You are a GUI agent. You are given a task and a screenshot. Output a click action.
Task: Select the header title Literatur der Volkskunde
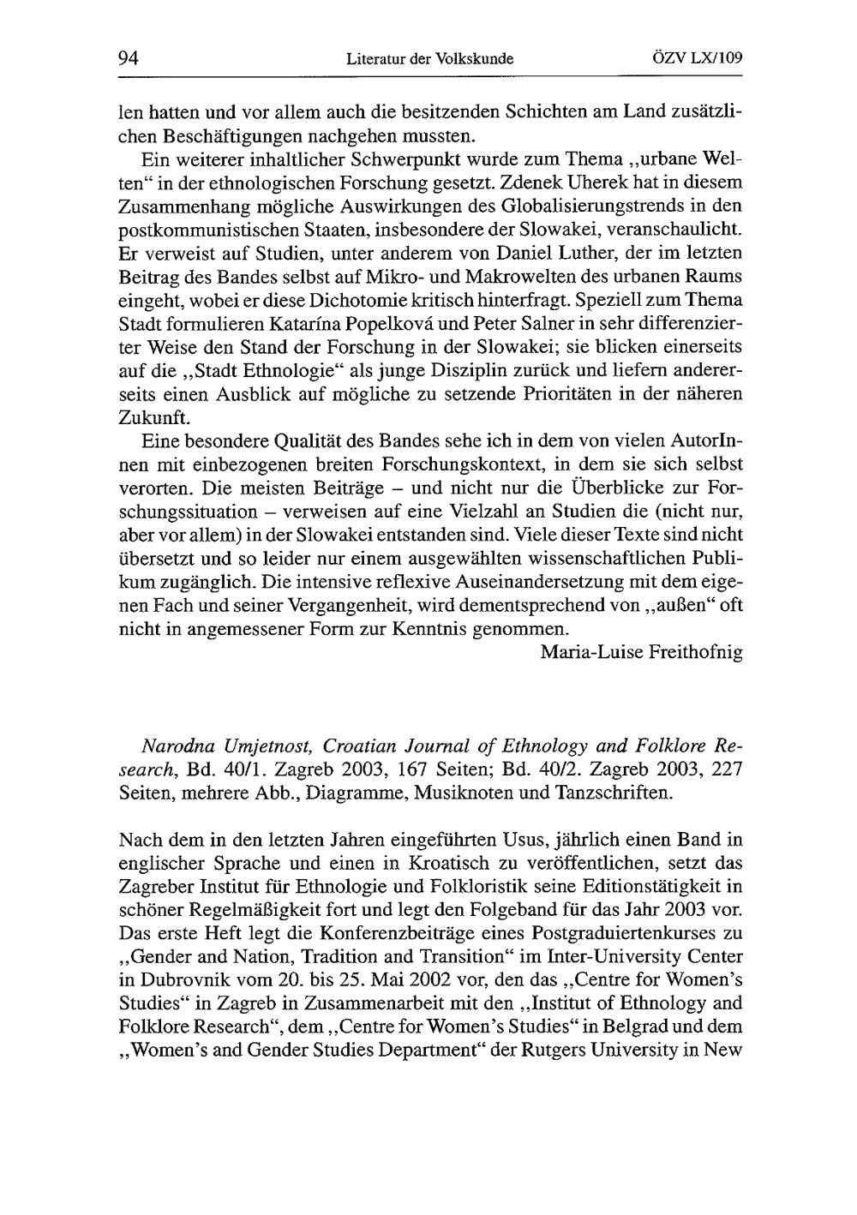click(429, 60)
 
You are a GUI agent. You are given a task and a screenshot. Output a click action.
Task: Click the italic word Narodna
click(153, 744)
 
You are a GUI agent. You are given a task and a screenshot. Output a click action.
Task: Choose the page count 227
click(727, 768)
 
